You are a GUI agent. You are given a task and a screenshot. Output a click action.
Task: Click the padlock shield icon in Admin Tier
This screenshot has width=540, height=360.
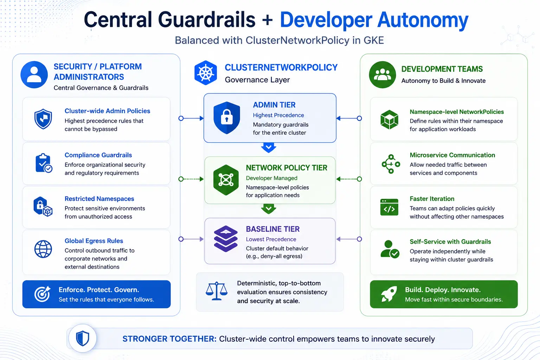(x=227, y=118)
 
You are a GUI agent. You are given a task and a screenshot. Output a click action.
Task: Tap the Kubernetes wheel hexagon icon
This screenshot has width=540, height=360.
(x=206, y=72)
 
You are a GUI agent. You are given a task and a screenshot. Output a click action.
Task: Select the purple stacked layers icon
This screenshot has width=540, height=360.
(x=226, y=239)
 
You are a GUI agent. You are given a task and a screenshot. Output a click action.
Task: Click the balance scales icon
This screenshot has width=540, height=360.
(x=217, y=291)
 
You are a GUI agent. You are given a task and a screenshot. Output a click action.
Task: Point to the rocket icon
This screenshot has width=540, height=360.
(x=389, y=294)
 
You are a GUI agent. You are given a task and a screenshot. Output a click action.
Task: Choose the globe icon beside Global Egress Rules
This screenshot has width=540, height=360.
(x=43, y=249)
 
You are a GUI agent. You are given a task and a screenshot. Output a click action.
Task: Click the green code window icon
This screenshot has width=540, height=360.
(x=389, y=207)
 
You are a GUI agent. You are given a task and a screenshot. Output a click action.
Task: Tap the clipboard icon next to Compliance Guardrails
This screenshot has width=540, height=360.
(x=44, y=163)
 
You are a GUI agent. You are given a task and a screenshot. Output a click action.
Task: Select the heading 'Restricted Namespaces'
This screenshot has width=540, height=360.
(x=99, y=199)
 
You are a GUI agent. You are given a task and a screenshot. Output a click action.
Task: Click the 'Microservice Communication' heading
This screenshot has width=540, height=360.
(x=452, y=155)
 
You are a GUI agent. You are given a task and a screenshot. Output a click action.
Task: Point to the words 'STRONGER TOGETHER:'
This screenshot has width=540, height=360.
(x=169, y=339)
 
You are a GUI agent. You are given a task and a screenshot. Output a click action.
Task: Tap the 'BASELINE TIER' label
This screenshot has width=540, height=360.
(x=273, y=229)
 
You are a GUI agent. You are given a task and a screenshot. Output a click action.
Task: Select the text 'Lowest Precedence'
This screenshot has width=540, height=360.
(x=271, y=239)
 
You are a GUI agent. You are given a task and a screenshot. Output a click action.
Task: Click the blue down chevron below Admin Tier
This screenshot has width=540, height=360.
(x=269, y=147)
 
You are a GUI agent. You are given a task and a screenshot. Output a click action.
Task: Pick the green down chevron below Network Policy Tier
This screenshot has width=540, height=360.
(x=269, y=208)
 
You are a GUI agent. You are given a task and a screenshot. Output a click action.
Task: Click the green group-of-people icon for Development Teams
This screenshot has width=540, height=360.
(x=382, y=75)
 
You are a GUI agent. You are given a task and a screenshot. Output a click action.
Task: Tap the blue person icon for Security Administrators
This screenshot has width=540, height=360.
(x=34, y=75)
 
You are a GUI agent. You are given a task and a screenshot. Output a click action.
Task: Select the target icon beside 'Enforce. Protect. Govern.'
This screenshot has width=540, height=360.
(x=42, y=294)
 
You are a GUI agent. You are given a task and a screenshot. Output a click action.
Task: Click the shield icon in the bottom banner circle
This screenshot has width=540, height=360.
(x=83, y=338)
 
